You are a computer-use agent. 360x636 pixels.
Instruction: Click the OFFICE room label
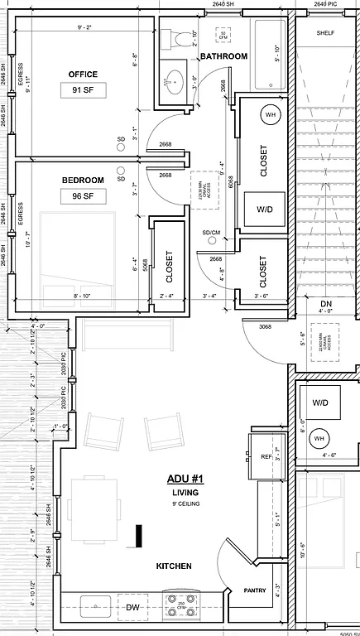83,75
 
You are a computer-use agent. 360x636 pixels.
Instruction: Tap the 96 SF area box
83,197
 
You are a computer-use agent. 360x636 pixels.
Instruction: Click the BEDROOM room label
83,180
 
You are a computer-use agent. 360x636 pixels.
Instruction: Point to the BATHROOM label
223,56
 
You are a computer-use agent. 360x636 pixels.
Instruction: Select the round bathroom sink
175,81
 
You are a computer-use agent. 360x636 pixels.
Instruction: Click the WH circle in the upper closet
270,113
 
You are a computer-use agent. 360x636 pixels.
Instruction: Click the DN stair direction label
326,304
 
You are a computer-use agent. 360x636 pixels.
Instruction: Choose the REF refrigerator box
266,456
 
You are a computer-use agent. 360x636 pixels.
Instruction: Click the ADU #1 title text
185,479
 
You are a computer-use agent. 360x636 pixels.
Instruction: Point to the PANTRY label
253,591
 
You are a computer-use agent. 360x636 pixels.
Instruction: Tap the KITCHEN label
174,566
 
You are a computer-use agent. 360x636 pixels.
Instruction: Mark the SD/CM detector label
211,233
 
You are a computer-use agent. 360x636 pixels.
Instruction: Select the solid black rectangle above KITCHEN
140,536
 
